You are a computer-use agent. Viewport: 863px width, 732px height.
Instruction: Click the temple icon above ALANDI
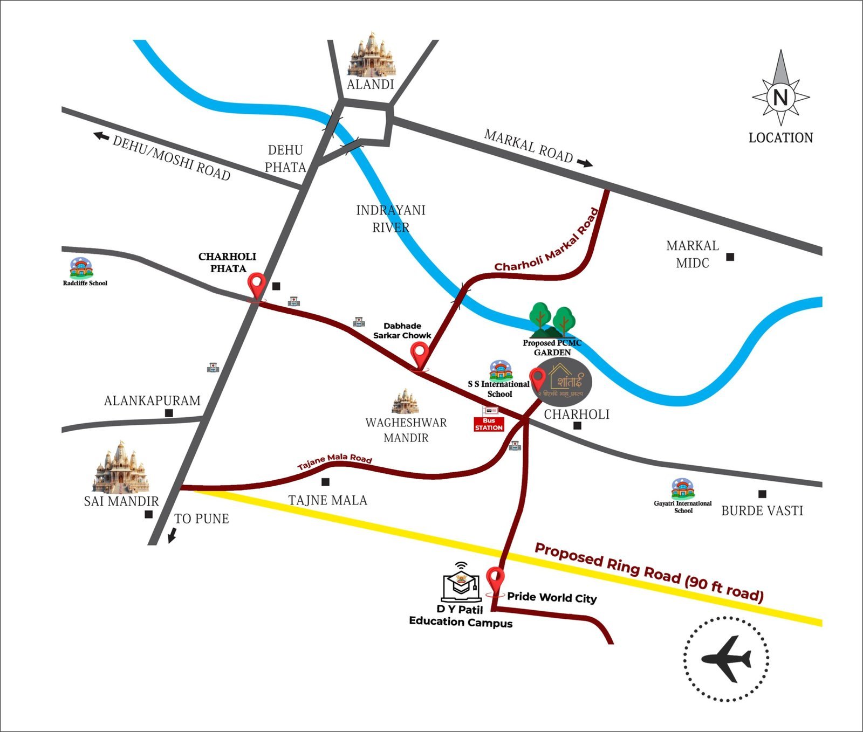[x=371, y=54]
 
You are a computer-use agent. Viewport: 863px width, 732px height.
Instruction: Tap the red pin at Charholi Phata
[x=257, y=284]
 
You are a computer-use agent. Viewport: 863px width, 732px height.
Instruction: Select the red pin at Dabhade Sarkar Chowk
[x=419, y=355]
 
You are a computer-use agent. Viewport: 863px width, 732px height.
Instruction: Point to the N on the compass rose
[x=780, y=98]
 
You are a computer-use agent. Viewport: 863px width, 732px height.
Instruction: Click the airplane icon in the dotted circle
[x=726, y=659]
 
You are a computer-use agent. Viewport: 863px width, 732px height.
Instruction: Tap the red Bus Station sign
[x=489, y=424]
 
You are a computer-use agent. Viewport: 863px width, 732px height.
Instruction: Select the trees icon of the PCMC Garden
[x=552, y=320]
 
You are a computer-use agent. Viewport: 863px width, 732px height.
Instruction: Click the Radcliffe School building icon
[x=81, y=268]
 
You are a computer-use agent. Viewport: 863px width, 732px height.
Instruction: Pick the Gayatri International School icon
[x=682, y=488]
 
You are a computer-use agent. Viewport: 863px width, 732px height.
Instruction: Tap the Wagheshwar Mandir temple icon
[x=405, y=402]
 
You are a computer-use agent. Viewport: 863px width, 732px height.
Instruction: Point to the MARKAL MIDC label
[x=693, y=254]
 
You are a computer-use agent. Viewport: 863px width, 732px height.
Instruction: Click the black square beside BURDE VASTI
[x=762, y=494]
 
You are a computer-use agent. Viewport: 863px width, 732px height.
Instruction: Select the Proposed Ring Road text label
[x=649, y=572]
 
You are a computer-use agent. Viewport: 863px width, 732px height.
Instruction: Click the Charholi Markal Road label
[x=547, y=240]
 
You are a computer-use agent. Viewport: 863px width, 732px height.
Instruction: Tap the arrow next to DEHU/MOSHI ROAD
[x=101, y=136]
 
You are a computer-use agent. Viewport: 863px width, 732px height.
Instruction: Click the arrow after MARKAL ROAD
[x=585, y=163]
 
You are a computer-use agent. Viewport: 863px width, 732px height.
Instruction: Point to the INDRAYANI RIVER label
[x=391, y=218]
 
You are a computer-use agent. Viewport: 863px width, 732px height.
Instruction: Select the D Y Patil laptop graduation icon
[x=461, y=584]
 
